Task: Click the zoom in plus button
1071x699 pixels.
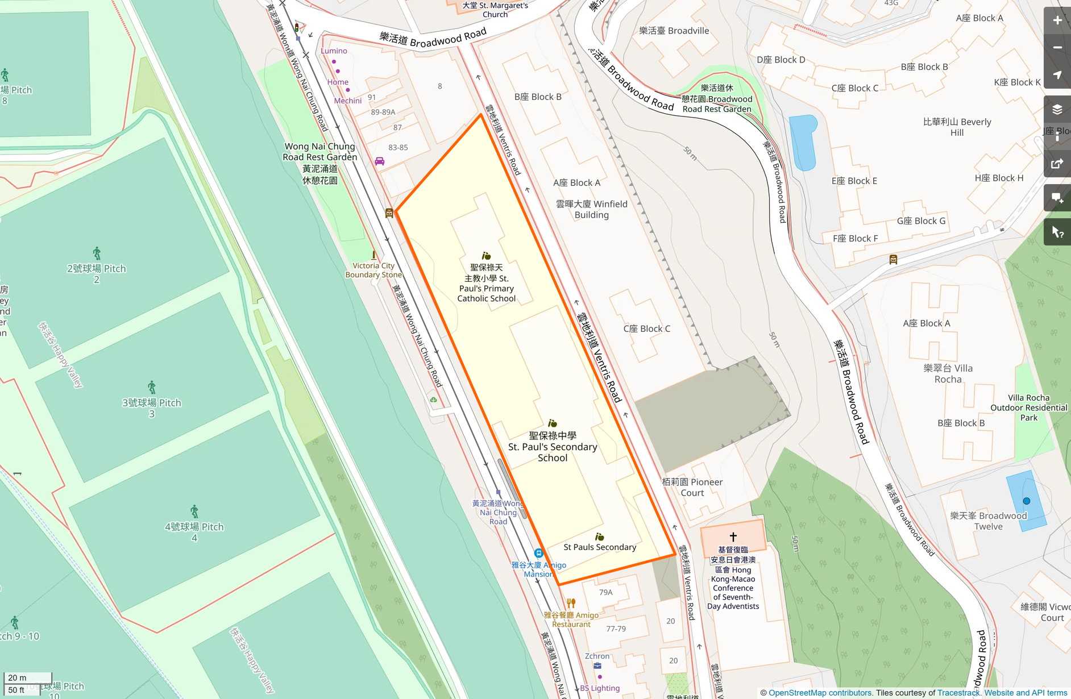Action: [1057, 20]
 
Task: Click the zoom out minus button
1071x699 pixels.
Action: [1057, 48]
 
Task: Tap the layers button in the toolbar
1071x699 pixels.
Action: [1057, 110]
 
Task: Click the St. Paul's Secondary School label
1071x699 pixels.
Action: [553, 447]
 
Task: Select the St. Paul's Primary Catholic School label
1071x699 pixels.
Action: [487, 283]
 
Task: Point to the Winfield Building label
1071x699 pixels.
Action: [591, 209]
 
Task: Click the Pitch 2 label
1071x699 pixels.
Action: [96, 273]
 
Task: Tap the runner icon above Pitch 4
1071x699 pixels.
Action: [194, 511]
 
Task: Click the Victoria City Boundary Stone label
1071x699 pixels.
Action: [373, 270]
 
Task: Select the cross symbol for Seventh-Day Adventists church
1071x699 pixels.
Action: [733, 536]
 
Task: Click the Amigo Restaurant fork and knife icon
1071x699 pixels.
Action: [571, 603]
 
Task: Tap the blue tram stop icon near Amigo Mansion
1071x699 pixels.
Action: [538, 553]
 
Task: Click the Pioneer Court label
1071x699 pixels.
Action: [692, 487]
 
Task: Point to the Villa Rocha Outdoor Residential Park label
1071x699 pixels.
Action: [1028, 407]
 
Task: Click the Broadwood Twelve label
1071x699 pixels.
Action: [989, 521]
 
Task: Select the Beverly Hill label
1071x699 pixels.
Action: [957, 127]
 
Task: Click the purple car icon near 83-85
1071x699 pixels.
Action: [379, 161]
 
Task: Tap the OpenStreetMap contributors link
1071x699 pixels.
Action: [820, 693]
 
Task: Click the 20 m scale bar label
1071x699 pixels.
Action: [17, 677]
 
